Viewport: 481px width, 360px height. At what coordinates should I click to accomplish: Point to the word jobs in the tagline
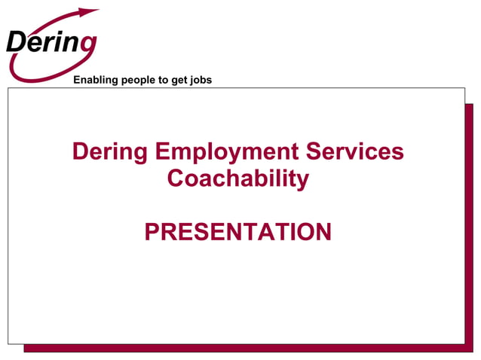point(200,80)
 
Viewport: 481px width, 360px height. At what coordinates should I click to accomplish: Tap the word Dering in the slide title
point(110,152)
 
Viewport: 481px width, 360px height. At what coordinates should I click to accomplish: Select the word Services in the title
point(356,152)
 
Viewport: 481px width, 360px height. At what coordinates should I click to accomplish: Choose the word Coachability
point(238,179)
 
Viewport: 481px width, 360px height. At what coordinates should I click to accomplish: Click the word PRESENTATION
point(238,233)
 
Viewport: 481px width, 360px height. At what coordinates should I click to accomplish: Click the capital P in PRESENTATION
point(152,233)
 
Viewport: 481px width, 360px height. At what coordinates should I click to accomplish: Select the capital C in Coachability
point(176,179)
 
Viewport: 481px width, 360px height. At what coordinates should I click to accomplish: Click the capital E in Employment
point(164,152)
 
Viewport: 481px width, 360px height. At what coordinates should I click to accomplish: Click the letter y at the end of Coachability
point(302,182)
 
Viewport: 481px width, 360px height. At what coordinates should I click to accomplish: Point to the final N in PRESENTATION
point(322,233)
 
